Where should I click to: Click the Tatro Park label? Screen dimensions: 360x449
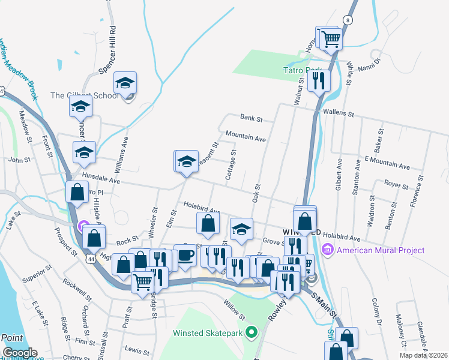(x=303, y=70)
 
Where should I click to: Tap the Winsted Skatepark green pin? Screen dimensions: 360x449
(x=252, y=332)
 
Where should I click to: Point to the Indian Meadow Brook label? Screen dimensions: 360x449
(x=18, y=69)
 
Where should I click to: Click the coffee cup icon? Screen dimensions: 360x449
(x=185, y=256)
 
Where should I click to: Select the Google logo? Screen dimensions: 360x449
(x=20, y=353)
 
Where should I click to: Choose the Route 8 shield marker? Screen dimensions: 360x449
(x=349, y=20)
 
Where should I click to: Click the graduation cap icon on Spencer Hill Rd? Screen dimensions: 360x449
(x=125, y=83)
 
